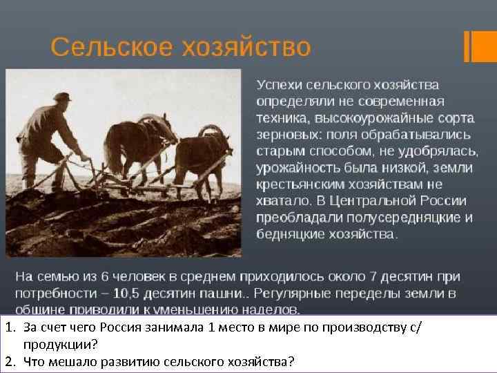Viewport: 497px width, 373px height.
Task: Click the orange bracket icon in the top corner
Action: (x=477, y=47)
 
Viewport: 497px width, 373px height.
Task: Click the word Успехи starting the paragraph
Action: (x=280, y=84)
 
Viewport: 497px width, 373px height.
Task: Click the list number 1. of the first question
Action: (x=9, y=327)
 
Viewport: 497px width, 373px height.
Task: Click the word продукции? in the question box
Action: (x=59, y=344)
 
